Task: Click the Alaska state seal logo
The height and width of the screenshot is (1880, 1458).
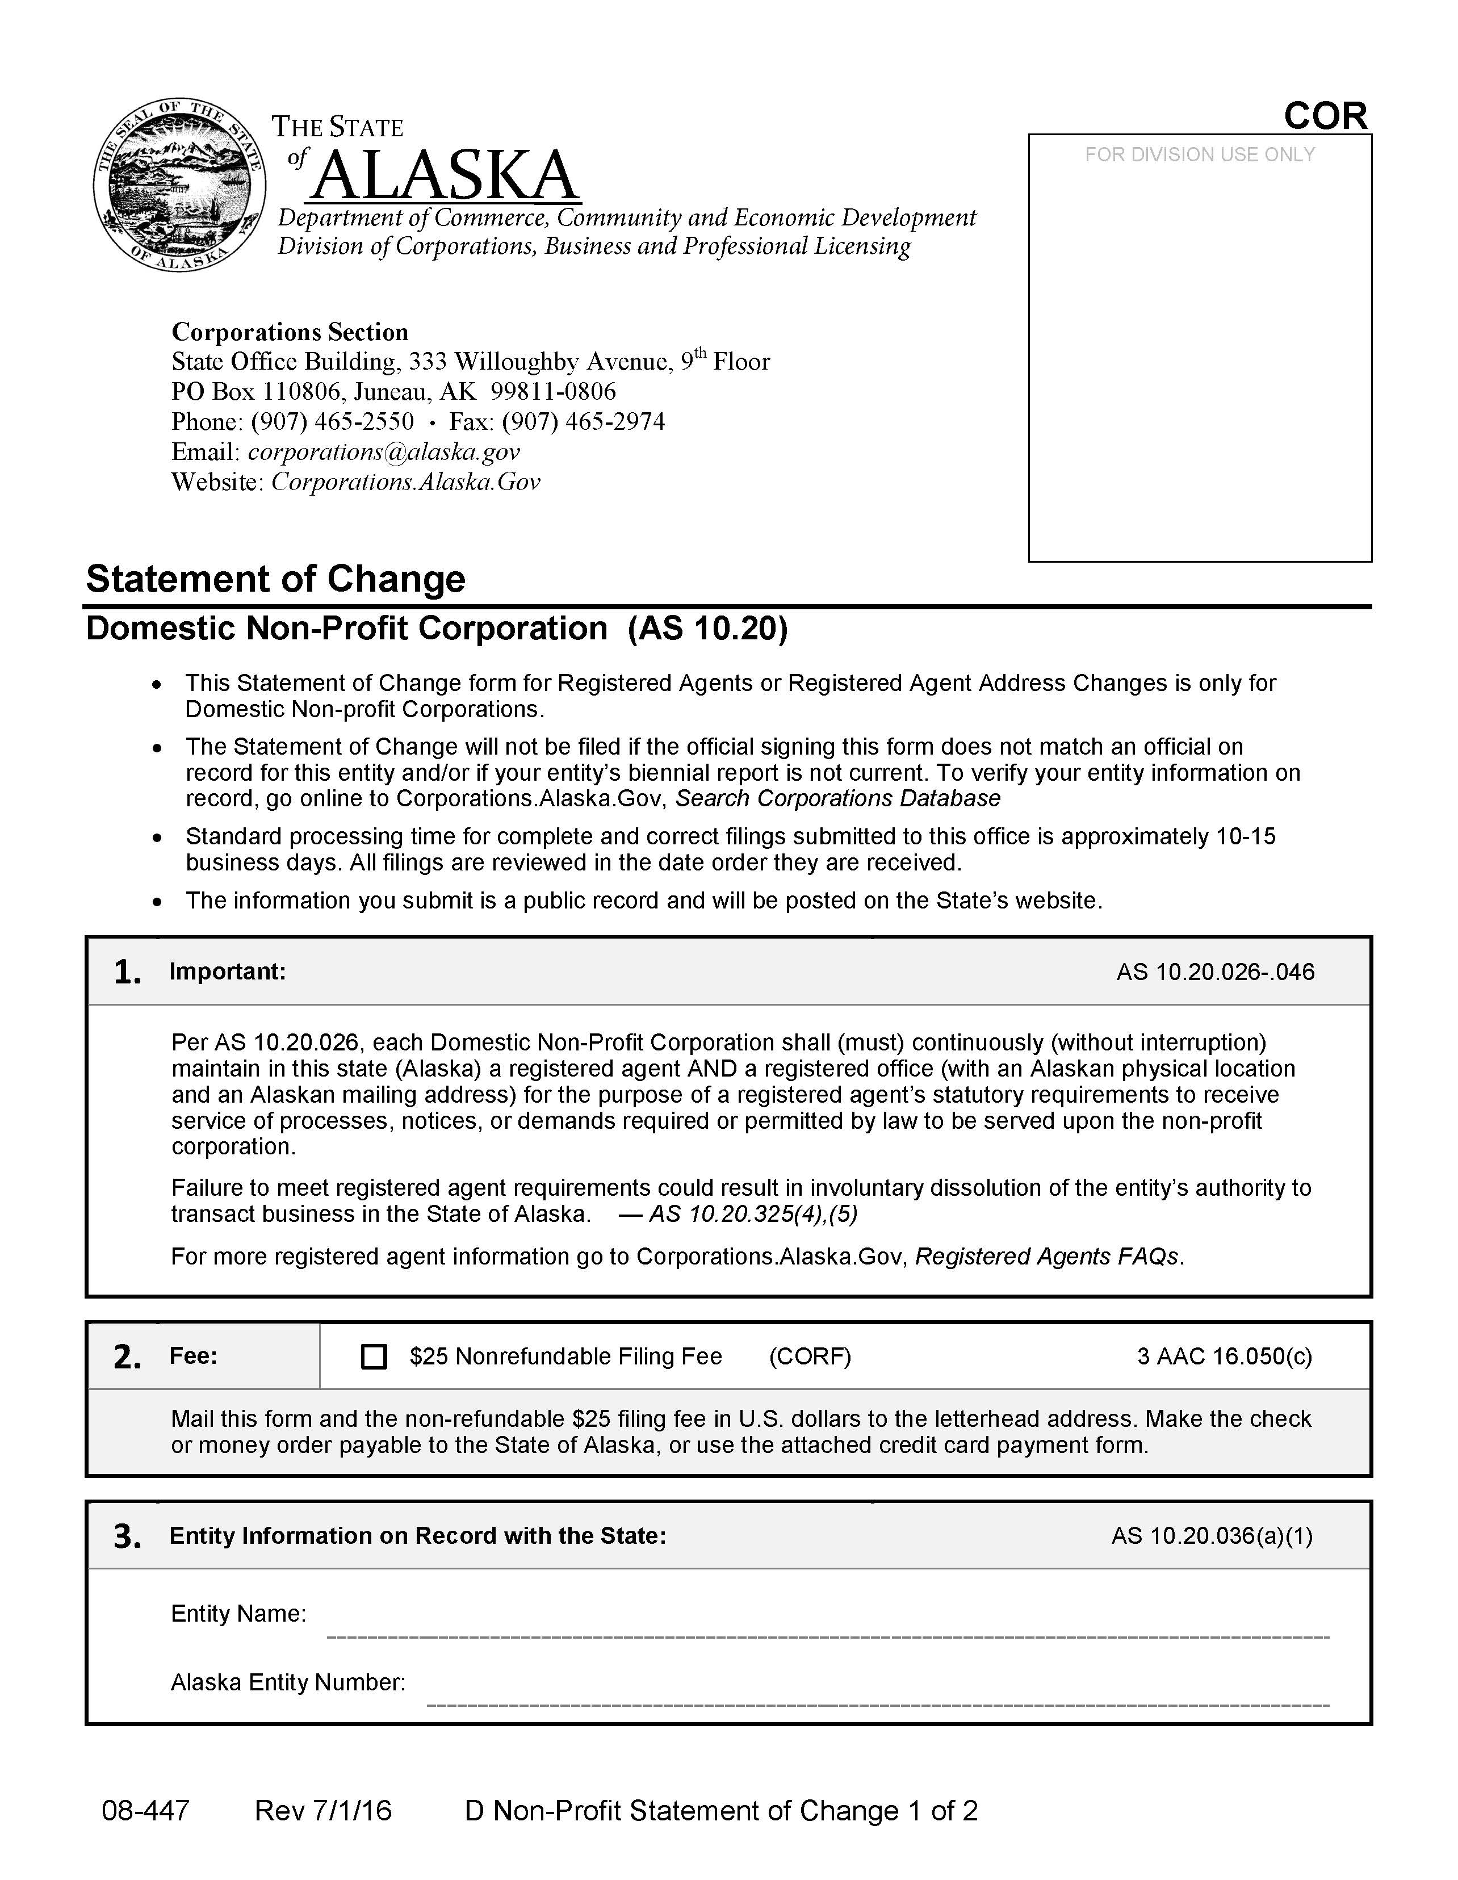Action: coord(179,183)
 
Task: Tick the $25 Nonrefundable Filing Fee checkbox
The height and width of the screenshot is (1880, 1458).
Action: coord(374,1356)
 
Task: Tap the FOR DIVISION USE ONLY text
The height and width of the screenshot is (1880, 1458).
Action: coord(1199,155)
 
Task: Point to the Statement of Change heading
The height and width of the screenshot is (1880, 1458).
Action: coord(275,579)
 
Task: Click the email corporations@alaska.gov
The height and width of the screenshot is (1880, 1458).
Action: coord(384,452)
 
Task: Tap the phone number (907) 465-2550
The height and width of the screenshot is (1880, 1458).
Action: coord(332,422)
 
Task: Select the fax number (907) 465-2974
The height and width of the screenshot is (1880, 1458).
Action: coord(584,422)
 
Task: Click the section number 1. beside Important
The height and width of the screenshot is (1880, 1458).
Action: coord(127,973)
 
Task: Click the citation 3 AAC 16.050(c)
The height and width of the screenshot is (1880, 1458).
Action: coord(1224,1356)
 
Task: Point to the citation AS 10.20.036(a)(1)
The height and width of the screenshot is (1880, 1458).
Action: coord(1211,1536)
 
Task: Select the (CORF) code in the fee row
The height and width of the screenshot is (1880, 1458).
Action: coord(809,1356)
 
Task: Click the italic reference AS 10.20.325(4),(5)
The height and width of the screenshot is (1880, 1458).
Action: coord(753,1214)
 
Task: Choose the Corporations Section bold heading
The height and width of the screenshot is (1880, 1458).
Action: coord(290,332)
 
